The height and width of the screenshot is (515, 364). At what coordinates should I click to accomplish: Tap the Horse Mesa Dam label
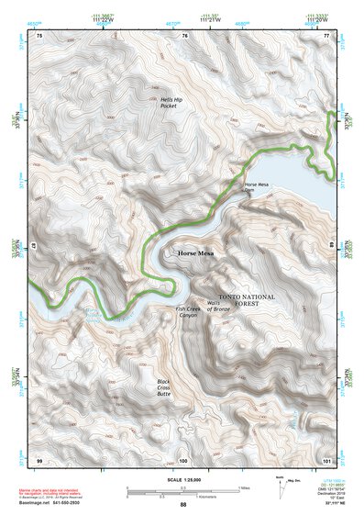click(x=257, y=188)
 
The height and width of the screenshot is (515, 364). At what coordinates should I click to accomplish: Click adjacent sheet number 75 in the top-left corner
click(x=39, y=35)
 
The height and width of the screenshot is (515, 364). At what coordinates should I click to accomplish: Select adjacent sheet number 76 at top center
click(x=184, y=35)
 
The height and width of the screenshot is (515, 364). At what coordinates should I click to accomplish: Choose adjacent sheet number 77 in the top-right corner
click(x=326, y=35)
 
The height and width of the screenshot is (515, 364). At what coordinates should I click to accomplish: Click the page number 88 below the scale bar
click(x=183, y=504)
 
